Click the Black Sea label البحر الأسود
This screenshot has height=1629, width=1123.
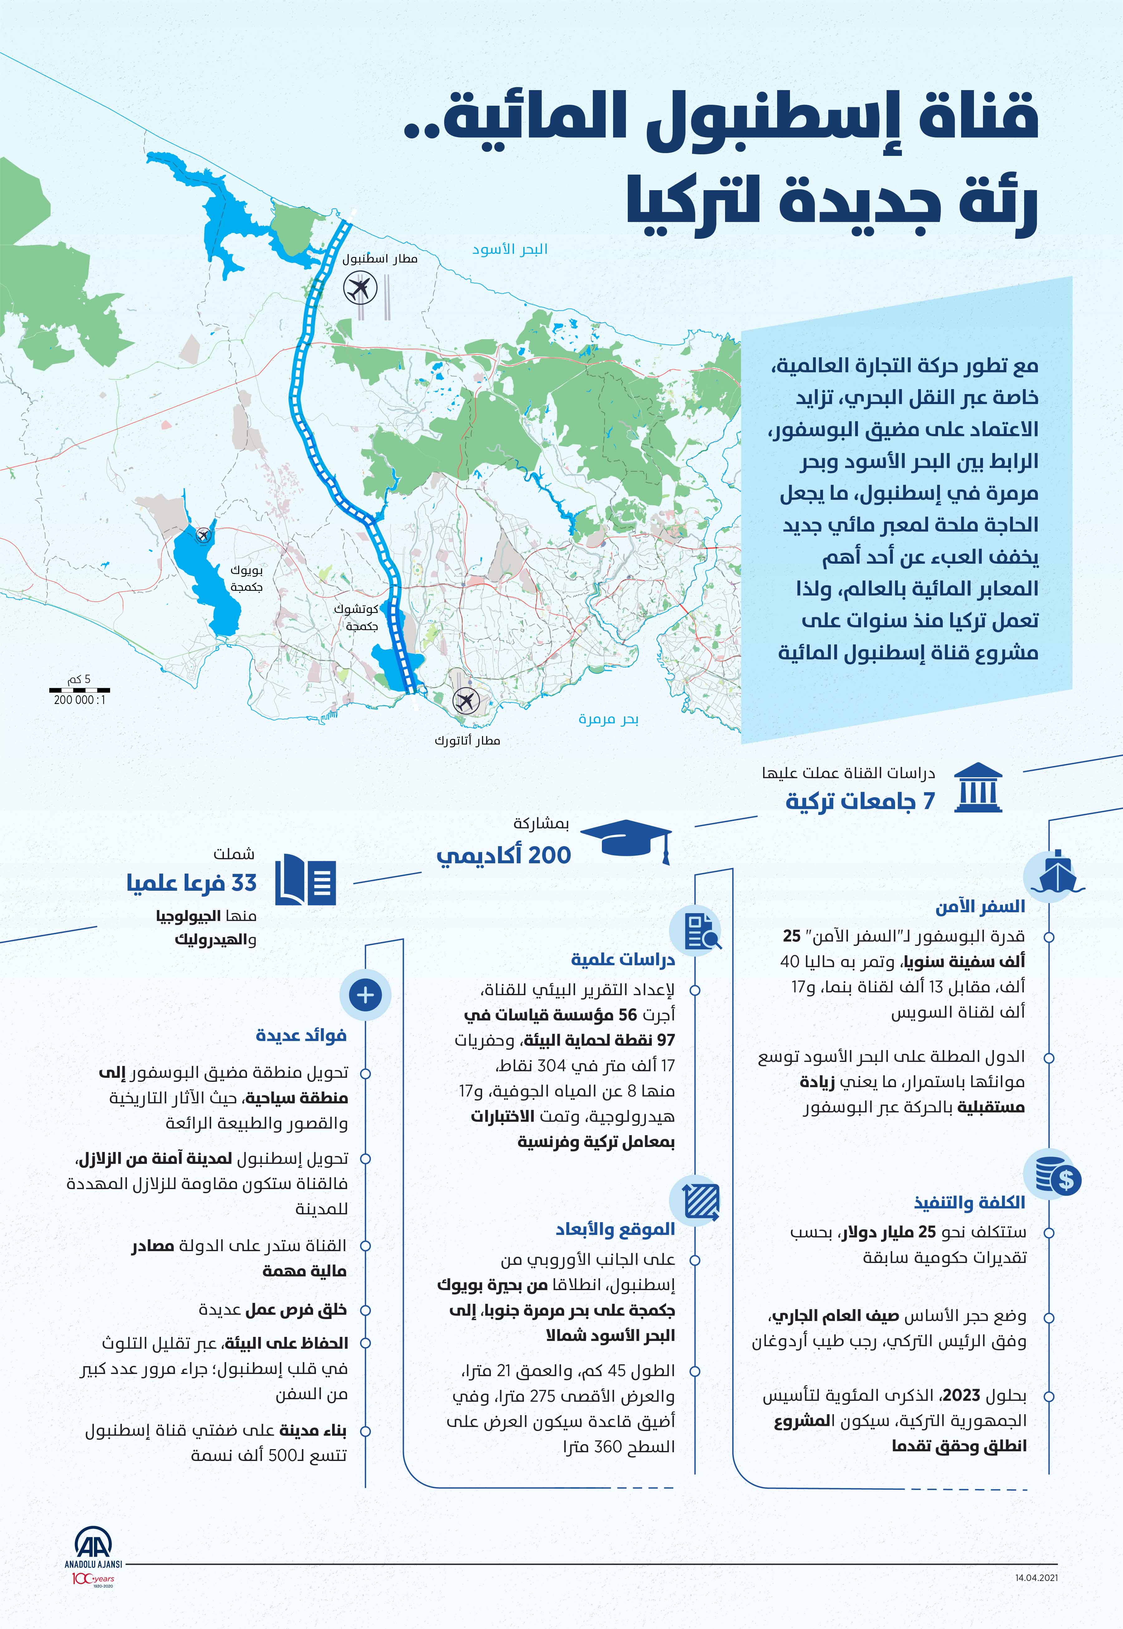pos(510,249)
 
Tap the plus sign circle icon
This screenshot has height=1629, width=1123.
pos(365,995)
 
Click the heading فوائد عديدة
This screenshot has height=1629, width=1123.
pos(301,1035)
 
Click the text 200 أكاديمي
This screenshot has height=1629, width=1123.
pos(504,855)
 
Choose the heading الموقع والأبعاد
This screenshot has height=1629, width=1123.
pos(615,1229)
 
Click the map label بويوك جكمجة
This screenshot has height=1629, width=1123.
pos(246,578)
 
